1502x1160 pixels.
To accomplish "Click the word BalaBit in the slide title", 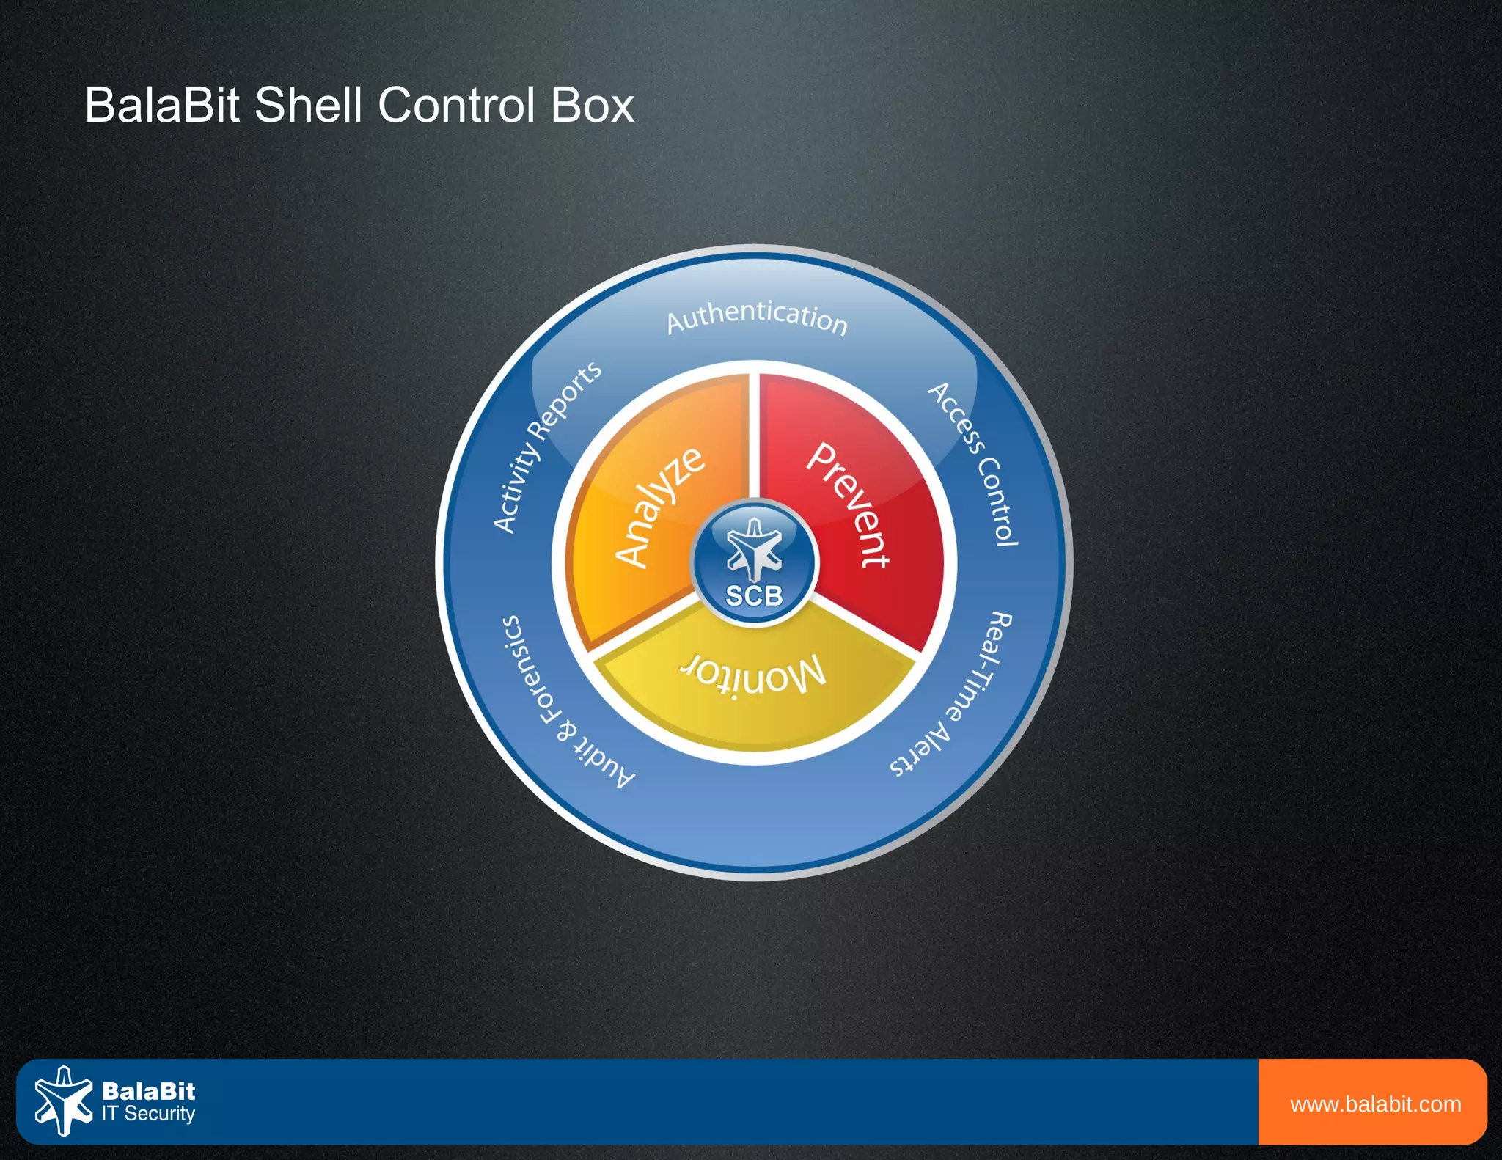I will click(162, 106).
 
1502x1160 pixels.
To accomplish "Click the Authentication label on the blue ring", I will click(757, 317).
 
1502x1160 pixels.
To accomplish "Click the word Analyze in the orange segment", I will click(659, 506).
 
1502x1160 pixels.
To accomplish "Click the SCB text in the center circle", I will click(754, 595).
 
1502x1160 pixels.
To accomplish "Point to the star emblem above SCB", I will click(754, 548).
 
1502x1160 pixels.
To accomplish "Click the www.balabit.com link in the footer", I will click(1375, 1104).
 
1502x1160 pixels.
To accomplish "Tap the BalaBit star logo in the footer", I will click(63, 1101).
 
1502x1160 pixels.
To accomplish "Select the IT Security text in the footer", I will click(148, 1114).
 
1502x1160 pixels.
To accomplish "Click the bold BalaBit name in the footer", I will click(148, 1091).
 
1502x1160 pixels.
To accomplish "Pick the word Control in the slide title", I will click(455, 106).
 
